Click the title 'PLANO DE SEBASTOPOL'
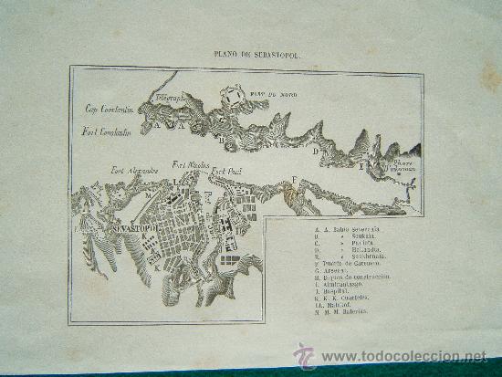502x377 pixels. pyautogui.click(x=250, y=54)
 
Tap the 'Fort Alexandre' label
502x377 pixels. pyautogui.click(x=136, y=168)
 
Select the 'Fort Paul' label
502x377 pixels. pyautogui.click(x=227, y=171)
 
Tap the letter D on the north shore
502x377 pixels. pyautogui.click(x=315, y=153)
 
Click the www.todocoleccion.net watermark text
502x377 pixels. pyautogui.click(x=402, y=357)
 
